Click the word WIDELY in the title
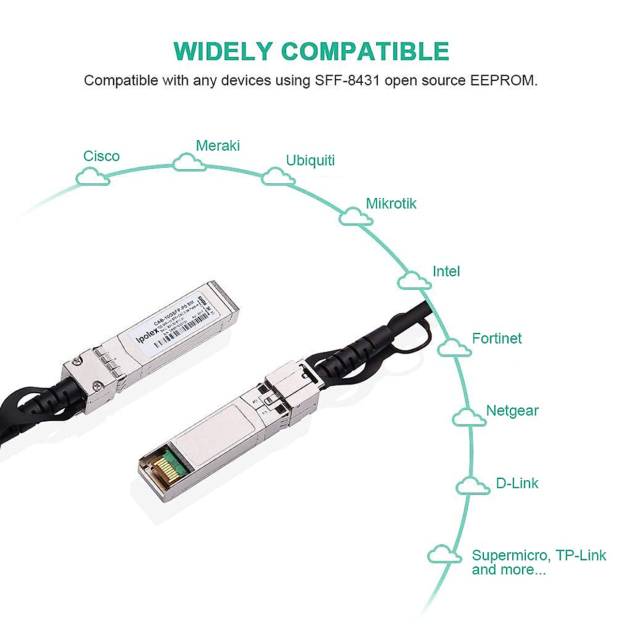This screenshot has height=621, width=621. coord(223,51)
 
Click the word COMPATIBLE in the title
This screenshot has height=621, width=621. coord(365,51)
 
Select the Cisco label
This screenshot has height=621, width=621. coord(101,156)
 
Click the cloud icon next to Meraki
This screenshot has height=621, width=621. coord(189,162)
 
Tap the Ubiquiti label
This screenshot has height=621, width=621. coord(310,160)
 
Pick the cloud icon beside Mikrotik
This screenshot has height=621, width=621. coord(356,217)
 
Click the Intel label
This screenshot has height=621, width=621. coord(446,271)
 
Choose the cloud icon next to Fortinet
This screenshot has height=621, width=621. coord(454,348)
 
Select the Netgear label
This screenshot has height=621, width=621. coord(512,411)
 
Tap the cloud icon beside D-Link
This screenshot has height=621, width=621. coord(472,486)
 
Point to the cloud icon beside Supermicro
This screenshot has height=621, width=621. coord(444,555)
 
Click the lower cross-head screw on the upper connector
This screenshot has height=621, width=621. coord(97,385)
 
